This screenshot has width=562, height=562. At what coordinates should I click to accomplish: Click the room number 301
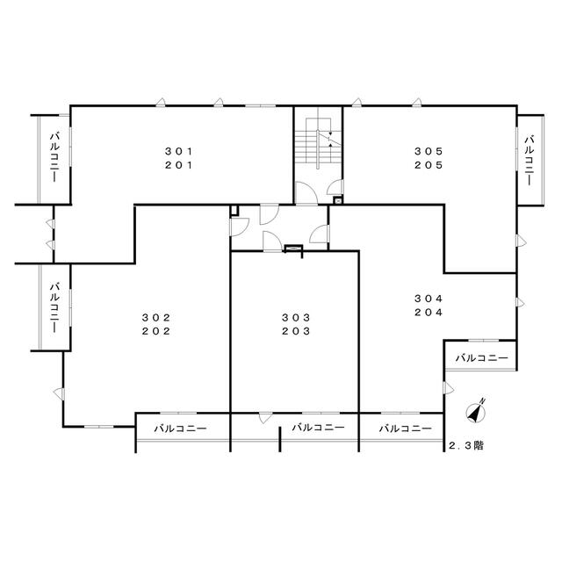click(x=179, y=152)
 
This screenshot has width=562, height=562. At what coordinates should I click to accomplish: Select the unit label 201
click(x=179, y=165)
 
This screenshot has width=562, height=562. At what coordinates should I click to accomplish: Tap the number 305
click(x=429, y=152)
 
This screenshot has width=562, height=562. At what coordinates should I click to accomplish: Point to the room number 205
click(x=429, y=165)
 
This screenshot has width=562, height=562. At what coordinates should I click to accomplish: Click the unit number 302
click(x=156, y=318)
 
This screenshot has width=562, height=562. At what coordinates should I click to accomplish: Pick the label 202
click(x=156, y=331)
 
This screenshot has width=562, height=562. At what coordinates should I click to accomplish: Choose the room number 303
click(x=296, y=318)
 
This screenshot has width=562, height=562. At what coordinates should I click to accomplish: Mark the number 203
click(x=296, y=331)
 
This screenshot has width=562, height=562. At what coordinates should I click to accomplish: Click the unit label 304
click(x=429, y=299)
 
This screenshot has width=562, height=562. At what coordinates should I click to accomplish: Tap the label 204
click(x=429, y=313)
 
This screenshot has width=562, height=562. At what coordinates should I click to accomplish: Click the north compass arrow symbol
click(x=476, y=411)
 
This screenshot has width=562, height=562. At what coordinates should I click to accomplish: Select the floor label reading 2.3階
click(x=466, y=445)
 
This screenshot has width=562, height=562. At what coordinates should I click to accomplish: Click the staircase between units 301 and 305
click(x=318, y=142)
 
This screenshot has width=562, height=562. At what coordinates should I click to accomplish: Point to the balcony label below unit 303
click(x=318, y=428)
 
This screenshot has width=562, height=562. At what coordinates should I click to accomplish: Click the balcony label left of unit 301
click(x=54, y=157)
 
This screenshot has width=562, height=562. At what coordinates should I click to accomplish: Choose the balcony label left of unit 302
click(x=54, y=307)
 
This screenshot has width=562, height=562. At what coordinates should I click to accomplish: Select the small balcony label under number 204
click(x=482, y=357)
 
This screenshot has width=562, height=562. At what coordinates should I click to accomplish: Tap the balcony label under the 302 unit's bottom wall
click(x=180, y=429)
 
